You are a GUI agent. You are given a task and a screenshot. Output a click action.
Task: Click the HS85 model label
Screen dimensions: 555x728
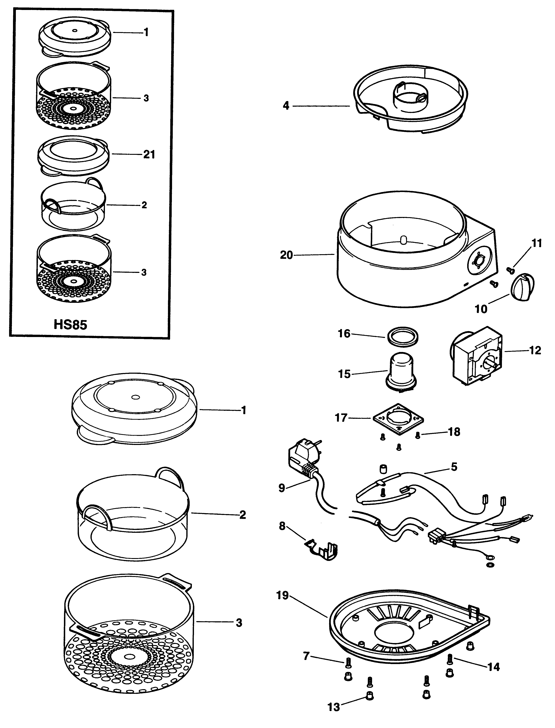point(70,325)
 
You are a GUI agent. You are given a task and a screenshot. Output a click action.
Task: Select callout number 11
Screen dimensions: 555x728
point(536,243)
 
